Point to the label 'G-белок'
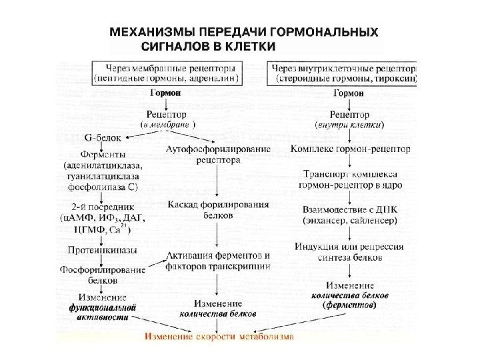[x=102, y=139]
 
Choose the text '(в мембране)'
[x=167, y=125]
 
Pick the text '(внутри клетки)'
[x=349, y=125]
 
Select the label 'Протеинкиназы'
[x=102, y=251]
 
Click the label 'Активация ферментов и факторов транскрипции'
[x=218, y=261]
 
